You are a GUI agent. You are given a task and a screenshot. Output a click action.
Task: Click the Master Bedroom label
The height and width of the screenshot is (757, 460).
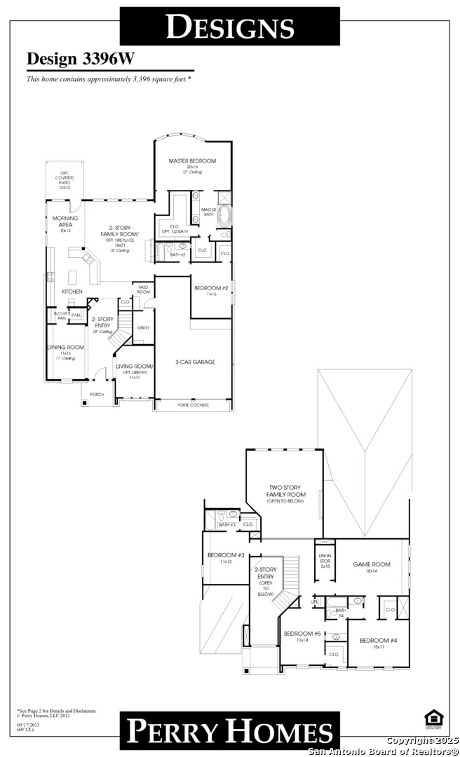pos(192,161)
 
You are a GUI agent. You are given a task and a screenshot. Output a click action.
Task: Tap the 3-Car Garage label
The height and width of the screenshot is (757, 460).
pos(195,362)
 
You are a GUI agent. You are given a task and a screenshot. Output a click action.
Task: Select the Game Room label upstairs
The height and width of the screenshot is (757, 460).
pos(372,564)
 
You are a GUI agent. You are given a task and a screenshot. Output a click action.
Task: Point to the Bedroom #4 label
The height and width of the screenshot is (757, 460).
pos(379,641)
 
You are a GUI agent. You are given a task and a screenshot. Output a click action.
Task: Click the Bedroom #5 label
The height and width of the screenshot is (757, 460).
pos(302,634)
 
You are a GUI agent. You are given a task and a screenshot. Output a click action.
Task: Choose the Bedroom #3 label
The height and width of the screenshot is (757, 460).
pos(226,556)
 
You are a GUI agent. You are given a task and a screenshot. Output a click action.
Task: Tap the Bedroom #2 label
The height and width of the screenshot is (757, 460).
pos(210,288)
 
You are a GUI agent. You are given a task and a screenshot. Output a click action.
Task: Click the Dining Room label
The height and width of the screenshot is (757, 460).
pos(65,348)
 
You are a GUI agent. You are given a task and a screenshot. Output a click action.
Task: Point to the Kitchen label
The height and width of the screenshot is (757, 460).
pos(72,292)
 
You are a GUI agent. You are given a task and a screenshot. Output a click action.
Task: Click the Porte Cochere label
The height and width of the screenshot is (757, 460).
pos(193,404)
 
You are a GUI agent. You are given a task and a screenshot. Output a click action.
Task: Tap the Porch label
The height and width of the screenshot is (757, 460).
pos(97,395)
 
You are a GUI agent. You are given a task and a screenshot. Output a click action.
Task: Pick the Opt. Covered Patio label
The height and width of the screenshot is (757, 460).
pos(65,179)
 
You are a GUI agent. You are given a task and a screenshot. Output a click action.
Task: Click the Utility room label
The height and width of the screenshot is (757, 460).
pos(144,327)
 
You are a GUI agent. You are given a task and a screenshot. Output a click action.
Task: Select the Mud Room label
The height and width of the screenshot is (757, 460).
pos(144,289)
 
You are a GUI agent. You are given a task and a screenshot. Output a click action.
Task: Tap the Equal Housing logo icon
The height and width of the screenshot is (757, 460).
pos(432,716)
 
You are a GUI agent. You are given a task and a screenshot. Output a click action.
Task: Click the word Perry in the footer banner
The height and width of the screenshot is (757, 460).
pos(169,731)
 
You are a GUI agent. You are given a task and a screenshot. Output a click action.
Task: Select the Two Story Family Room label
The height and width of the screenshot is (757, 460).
pos(284,494)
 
